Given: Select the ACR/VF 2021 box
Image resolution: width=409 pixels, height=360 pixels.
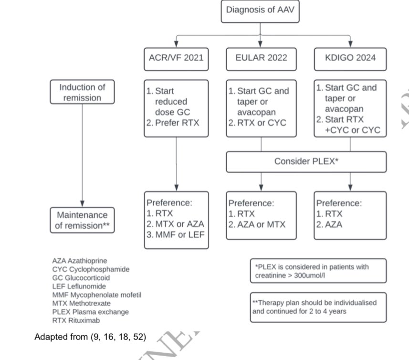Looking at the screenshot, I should [176, 58].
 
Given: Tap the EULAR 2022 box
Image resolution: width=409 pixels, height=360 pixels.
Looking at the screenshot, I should [261, 58].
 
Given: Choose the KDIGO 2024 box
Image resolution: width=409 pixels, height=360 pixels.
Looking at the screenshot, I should [350, 58].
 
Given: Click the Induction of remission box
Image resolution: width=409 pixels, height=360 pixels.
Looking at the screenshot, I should [83, 92].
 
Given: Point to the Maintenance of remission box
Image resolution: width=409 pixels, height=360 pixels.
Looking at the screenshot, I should [83, 220].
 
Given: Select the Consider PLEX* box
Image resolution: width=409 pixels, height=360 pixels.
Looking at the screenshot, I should [306, 162].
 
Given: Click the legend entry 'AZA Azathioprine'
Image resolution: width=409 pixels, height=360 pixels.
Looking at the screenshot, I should [80, 261].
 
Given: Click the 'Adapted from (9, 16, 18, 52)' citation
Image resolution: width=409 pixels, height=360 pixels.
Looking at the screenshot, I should [90, 337].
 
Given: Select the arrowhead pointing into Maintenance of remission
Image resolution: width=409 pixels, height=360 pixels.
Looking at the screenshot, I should [83, 203].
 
